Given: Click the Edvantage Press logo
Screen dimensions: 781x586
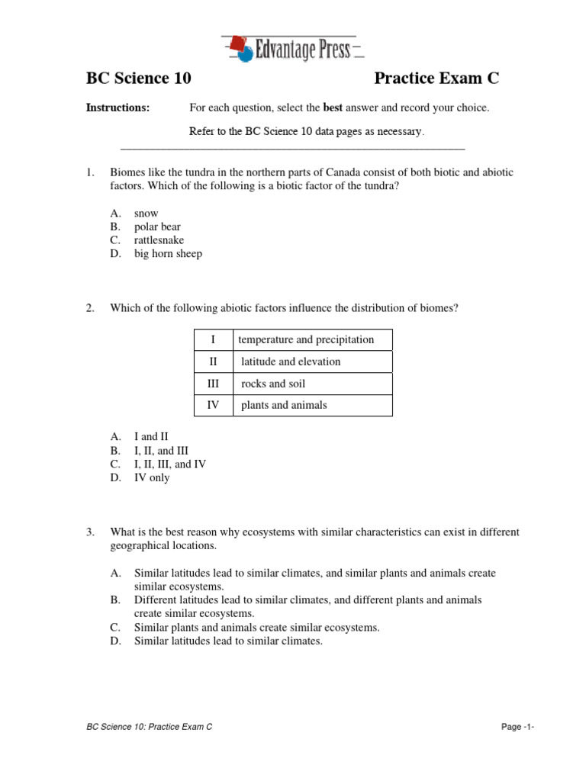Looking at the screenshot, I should point(292,49).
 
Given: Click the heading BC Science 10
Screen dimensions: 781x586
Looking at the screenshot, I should point(138,79).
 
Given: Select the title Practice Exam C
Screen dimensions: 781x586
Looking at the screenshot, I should point(436,79).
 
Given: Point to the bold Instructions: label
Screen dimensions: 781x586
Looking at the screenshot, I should point(118,108).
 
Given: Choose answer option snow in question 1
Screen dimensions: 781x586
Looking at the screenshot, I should point(146,214).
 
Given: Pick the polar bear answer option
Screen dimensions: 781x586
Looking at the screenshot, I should point(157,227).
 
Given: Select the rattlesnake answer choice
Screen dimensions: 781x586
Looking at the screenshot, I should point(159,240).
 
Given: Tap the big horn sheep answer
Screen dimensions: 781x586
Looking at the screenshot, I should point(168,254).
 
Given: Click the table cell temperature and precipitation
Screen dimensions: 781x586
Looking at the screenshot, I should point(306,339).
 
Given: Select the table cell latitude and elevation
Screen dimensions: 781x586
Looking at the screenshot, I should point(291,362).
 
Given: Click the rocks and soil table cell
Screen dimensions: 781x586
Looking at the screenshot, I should point(273,384).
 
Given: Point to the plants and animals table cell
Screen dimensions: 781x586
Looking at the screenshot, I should point(284,405).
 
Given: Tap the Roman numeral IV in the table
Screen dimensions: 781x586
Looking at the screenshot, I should point(213,405).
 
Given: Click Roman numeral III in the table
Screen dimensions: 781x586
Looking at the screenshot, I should point(213,384).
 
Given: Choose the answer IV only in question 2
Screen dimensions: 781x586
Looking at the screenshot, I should point(152,477).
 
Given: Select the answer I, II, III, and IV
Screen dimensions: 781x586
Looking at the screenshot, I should point(170,464).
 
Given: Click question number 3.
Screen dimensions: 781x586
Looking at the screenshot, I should point(89,532).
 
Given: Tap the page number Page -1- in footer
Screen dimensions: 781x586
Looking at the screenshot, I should point(517,728).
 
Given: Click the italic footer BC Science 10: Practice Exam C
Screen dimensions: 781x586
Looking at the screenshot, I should point(150,728).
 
